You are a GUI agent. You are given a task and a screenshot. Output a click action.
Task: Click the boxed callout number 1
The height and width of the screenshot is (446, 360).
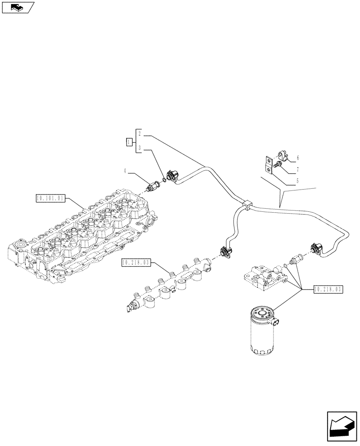[x=129, y=142]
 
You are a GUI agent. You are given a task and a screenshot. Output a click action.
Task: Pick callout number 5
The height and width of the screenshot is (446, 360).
[x=297, y=182]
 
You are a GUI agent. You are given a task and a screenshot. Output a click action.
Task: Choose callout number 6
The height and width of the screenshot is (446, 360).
[x=297, y=157]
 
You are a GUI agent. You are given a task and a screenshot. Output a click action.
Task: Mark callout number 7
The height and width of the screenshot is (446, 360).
[x=297, y=170]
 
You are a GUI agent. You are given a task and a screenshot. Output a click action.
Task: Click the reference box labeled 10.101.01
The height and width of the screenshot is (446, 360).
[x=50, y=197]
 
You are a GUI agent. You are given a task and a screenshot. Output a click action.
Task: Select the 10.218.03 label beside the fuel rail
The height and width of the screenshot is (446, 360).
[x=135, y=263]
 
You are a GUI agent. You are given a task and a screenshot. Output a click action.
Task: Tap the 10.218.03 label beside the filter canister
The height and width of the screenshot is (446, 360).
[x=327, y=289]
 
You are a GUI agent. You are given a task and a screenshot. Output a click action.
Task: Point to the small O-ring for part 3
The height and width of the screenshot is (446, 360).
[x=164, y=181]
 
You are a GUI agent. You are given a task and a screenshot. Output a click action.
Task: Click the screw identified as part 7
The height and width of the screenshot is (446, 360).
[x=278, y=165]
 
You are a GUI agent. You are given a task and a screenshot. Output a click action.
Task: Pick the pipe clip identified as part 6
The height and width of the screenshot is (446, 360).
[x=282, y=155]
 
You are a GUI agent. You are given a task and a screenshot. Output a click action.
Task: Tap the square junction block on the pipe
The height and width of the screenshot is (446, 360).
[x=246, y=206]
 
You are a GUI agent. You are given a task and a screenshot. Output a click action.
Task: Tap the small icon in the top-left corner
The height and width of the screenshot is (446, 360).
[x=18, y=7]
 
